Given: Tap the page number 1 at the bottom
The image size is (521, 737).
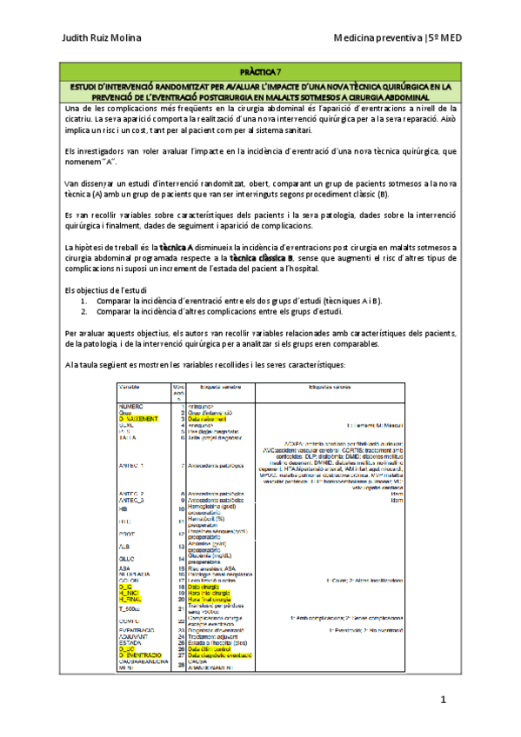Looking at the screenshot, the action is point(443,700).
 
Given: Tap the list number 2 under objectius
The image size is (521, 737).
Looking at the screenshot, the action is point(84,310).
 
